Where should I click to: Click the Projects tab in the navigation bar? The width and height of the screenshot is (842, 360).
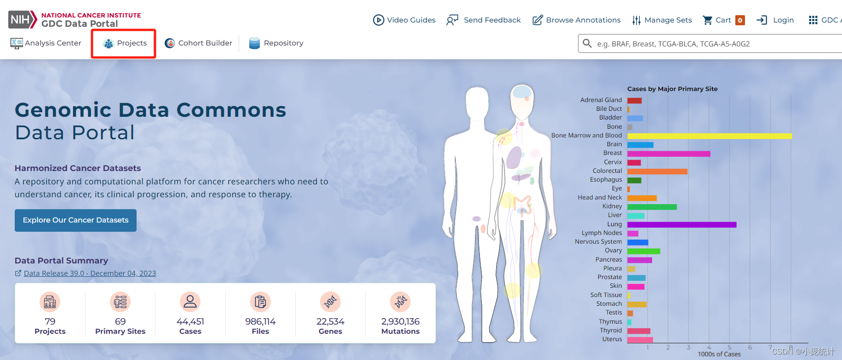[125, 43]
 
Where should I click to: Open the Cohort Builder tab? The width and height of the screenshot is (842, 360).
[199, 43]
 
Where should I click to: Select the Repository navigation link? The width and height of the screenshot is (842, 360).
[276, 43]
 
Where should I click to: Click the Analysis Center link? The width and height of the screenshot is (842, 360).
[46, 43]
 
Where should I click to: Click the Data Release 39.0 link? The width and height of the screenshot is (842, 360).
[90, 273]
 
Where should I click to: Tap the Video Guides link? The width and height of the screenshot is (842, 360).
[404, 20]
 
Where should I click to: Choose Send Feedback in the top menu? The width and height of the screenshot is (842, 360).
[483, 20]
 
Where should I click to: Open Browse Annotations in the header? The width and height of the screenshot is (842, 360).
[576, 20]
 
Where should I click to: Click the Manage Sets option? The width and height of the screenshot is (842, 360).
[662, 20]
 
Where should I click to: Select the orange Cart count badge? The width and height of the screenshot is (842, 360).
[740, 20]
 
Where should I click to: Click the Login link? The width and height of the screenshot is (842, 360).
[775, 20]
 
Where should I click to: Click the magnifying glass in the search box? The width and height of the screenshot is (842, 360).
[587, 43]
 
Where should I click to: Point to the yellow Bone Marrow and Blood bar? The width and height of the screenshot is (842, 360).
[710, 136]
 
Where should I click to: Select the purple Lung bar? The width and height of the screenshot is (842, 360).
[682, 225]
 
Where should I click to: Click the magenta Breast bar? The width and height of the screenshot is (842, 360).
[669, 154]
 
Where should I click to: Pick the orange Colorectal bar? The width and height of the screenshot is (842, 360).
[657, 171]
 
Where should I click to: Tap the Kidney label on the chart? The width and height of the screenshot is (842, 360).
[612, 206]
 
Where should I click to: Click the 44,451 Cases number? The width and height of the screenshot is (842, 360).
[190, 321]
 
